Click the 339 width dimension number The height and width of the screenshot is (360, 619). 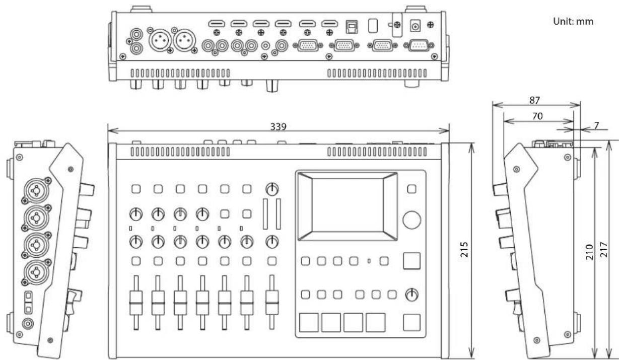tap(278, 127)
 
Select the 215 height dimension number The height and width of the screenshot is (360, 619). tap(464, 250)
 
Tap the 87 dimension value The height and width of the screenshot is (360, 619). tap(535, 100)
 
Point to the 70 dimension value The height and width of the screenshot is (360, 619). tap(537, 116)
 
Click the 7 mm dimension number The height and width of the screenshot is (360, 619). tap(596, 126)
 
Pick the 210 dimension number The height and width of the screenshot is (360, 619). tap(589, 252)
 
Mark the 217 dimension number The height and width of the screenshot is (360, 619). tap(604, 250)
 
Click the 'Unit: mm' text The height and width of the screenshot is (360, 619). tap(573, 22)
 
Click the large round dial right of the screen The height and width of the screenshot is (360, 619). tap(412, 220)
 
